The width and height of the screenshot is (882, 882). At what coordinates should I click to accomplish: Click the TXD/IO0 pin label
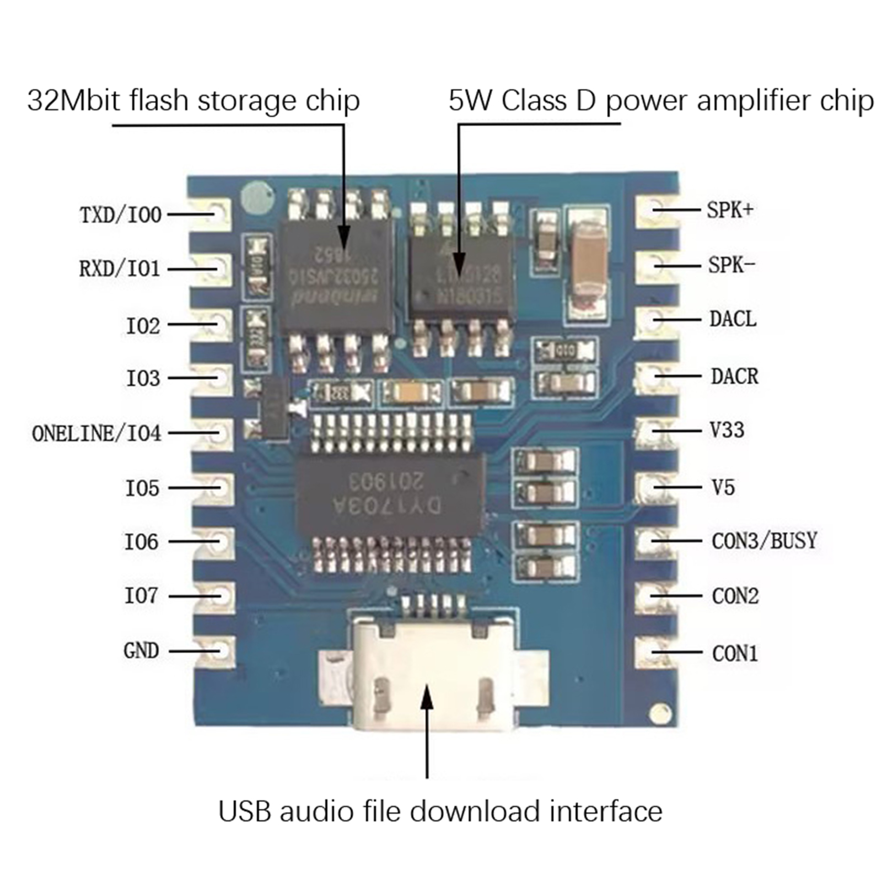point(121,214)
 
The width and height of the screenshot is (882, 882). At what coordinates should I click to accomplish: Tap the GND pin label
point(141,650)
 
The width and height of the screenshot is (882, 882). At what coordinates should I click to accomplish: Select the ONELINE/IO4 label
point(96,433)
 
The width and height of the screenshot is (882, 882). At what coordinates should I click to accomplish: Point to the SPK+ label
point(730,210)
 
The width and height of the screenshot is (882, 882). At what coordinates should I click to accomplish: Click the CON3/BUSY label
point(764,541)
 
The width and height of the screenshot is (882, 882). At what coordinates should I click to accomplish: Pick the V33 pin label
point(727,430)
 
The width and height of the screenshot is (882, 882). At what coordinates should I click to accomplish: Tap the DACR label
point(734,377)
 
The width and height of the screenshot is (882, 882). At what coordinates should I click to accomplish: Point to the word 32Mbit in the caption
point(74,101)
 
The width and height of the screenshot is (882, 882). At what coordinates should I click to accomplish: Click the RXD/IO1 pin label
point(120,269)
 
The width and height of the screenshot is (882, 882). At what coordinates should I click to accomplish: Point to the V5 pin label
point(723,487)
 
